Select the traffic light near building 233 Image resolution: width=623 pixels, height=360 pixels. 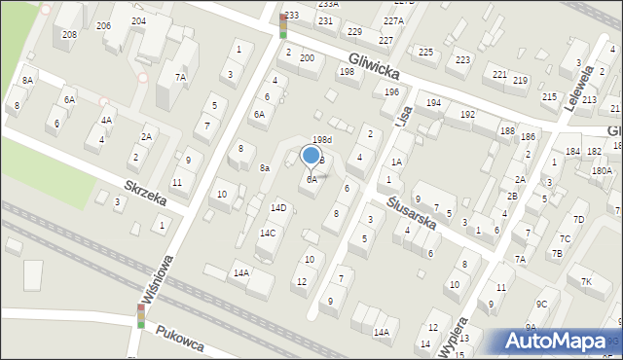click(282, 25)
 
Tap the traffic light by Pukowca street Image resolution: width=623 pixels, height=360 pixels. click(140, 315)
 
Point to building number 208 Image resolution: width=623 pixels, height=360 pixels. click(69, 35)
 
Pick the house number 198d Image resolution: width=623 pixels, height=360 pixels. click(322, 140)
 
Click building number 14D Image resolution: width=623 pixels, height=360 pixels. click(278, 207)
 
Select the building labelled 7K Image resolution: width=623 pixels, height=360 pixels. click(586, 282)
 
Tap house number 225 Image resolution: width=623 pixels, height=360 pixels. click(424, 52)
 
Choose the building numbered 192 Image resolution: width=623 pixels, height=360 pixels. click(467, 115)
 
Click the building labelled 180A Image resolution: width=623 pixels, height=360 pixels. click(602, 171)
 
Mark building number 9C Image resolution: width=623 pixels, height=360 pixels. click(541, 305)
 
